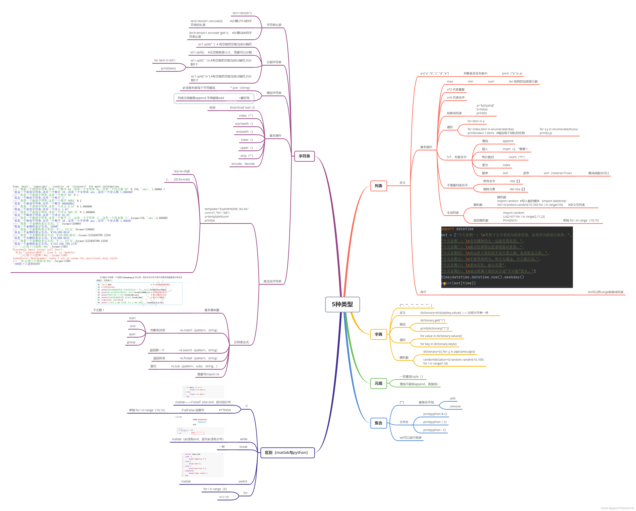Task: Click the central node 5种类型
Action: click(342, 304)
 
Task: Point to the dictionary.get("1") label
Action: click(432, 320)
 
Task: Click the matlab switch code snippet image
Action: click(203, 465)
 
